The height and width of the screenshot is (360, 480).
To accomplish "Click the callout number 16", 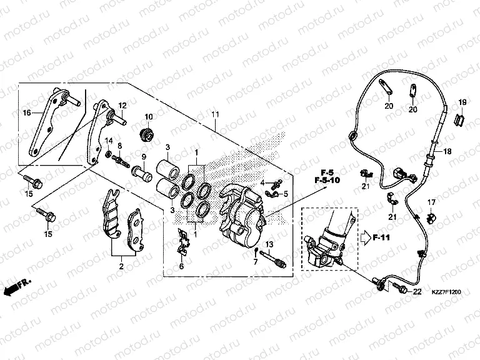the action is click(x=27, y=113).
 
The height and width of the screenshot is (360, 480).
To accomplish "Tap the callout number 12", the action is click(x=122, y=105).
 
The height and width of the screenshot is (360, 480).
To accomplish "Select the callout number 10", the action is click(x=149, y=117).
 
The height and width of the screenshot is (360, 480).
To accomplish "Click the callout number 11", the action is click(x=215, y=114).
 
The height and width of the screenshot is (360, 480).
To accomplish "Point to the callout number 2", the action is click(x=121, y=266).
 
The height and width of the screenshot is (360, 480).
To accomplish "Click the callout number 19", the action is click(x=462, y=102).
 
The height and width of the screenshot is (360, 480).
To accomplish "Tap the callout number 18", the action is click(x=447, y=152).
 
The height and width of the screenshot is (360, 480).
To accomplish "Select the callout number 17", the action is click(x=431, y=202).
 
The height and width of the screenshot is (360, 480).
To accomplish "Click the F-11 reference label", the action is click(x=381, y=237).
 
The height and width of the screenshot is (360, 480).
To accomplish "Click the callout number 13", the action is click(x=270, y=243).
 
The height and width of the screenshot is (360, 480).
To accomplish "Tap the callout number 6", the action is click(x=182, y=266).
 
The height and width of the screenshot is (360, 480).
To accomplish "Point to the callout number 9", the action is click(x=143, y=156).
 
